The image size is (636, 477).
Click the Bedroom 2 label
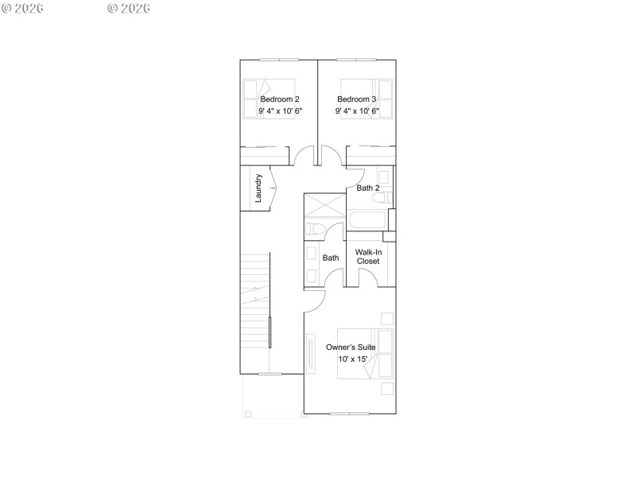280,99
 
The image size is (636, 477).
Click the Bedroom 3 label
357,99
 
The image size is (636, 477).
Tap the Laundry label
258,188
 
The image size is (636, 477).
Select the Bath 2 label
367,188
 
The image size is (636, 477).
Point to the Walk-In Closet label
368,257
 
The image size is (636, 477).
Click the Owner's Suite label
350,347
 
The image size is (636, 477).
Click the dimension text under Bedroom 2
280,111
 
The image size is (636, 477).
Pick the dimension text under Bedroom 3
357,111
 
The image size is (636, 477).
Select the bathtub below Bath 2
367,220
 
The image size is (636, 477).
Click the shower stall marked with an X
324,205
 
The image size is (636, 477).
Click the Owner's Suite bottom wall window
350,413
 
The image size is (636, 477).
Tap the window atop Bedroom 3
357,60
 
